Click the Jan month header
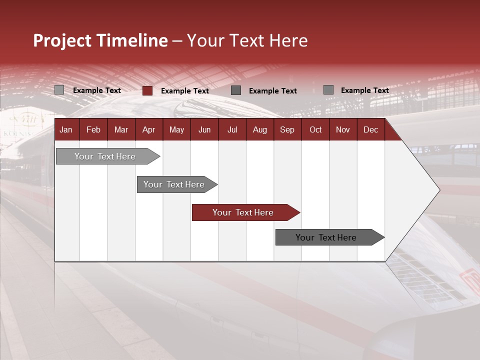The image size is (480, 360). pyautogui.click(x=66, y=130)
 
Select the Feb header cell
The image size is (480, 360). pyautogui.click(x=93, y=130)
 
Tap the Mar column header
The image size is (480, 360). pyautogui.click(x=121, y=130)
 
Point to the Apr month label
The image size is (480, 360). pyautogui.click(x=148, y=130)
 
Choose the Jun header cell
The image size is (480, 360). pyautogui.click(x=204, y=130)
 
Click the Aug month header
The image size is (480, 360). pyautogui.click(x=259, y=130)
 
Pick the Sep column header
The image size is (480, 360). pyautogui.click(x=287, y=130)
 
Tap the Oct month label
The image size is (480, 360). pyautogui.click(x=315, y=130)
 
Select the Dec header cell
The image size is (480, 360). pyautogui.click(x=370, y=130)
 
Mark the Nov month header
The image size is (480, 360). pyautogui.click(x=343, y=130)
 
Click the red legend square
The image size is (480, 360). pyautogui.click(x=147, y=90)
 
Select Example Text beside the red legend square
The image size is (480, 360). pyautogui.click(x=184, y=91)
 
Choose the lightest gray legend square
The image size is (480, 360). pyautogui.click(x=59, y=90)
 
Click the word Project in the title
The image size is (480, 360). pyautogui.click(x=62, y=40)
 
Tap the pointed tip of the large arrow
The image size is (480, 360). pyautogui.click(x=438, y=189)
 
